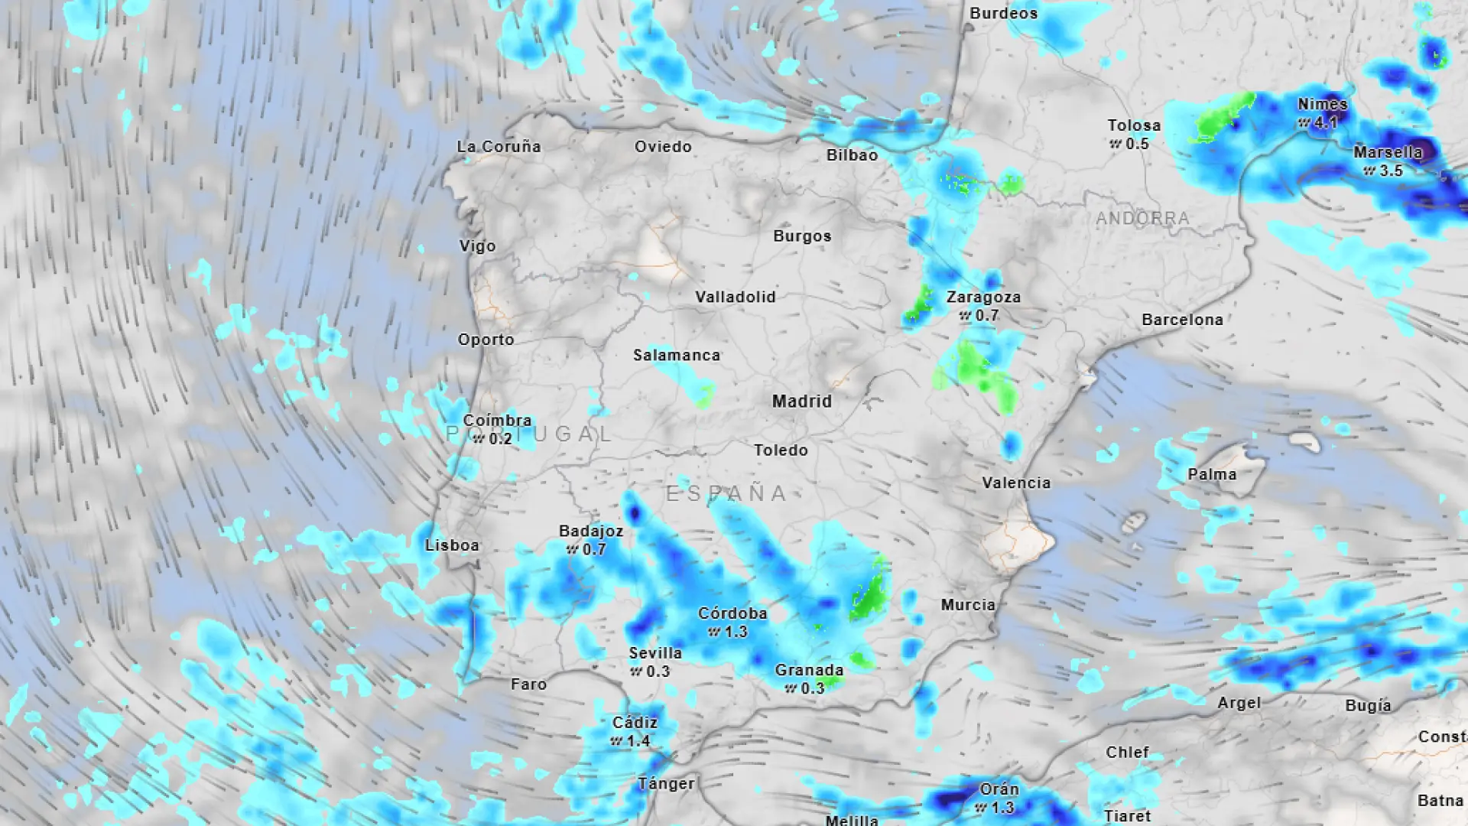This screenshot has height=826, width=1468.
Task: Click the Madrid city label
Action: click(801, 401)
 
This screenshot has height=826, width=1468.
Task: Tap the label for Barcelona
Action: click(1182, 320)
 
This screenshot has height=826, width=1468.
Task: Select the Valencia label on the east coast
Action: click(1016, 483)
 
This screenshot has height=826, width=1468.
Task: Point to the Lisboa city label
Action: click(452, 545)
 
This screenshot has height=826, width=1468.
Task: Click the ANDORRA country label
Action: click(1142, 219)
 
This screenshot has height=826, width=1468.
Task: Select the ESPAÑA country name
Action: click(726, 493)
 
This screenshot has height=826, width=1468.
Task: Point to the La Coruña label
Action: click(499, 146)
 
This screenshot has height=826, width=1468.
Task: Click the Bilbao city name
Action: click(852, 155)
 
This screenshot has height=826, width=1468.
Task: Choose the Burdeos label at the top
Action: click(1003, 13)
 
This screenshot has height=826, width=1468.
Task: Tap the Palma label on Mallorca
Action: click(1212, 474)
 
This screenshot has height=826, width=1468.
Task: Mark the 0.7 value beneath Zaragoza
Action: click(986, 315)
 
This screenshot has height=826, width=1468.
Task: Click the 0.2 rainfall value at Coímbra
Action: click(499, 438)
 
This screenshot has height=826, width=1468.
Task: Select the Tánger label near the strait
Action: click(666, 783)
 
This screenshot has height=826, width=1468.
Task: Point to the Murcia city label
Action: click(968, 605)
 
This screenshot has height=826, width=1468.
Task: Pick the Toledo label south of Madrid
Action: click(781, 450)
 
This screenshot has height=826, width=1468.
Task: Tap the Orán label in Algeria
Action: click(999, 789)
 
